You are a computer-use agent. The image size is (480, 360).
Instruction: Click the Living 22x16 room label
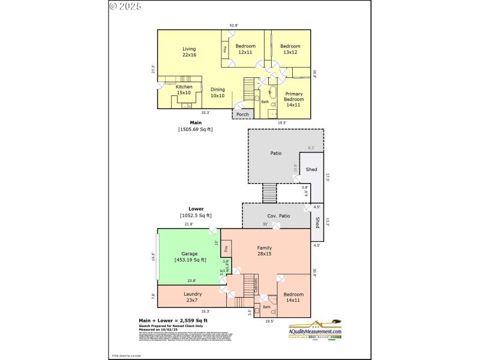[x=189, y=52]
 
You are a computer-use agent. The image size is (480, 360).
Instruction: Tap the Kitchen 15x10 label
[x=184, y=90]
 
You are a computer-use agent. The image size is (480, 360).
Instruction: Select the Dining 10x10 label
[x=217, y=92]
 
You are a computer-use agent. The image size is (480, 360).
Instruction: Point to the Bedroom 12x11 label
[x=245, y=49]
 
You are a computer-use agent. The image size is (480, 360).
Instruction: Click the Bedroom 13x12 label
[x=290, y=49]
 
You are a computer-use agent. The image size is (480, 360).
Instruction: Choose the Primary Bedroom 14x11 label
[x=294, y=99]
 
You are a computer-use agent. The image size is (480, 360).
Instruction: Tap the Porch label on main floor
[x=242, y=115]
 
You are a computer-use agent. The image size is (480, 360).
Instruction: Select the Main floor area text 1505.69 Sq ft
[x=195, y=129]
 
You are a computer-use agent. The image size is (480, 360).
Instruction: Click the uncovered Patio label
[x=275, y=153]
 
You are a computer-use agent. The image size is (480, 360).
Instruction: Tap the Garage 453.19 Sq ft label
[x=190, y=257]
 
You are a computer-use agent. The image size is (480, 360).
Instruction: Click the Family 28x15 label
[x=264, y=251]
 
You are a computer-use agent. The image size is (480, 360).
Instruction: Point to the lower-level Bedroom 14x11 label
[x=293, y=297]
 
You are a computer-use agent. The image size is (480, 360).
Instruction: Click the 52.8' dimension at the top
[x=233, y=25]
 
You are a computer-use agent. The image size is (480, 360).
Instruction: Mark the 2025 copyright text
[x=125, y=7]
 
